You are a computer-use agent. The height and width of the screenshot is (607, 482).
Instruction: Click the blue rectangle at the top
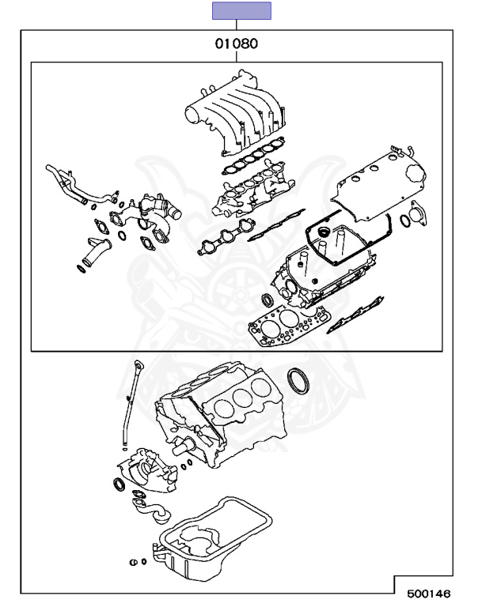[x=241, y=10]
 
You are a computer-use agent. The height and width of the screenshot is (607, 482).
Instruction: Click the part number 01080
[x=236, y=44]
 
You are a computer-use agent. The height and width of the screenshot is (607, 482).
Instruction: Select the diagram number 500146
[x=430, y=591]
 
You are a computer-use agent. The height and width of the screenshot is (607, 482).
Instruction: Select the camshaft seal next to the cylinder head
[x=267, y=300]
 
